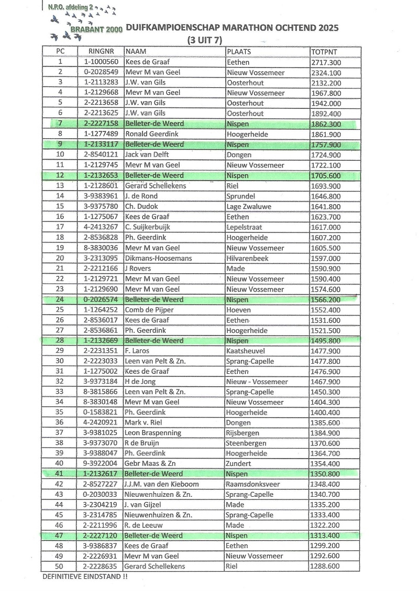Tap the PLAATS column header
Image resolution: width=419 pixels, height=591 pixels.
click(239, 52)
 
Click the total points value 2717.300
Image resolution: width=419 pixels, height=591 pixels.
click(326, 62)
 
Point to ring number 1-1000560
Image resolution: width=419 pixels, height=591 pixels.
click(101, 62)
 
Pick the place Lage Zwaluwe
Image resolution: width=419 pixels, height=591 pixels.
click(248, 207)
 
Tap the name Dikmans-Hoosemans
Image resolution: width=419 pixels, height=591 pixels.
click(158, 258)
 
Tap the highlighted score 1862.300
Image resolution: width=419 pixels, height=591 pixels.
click(326, 125)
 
